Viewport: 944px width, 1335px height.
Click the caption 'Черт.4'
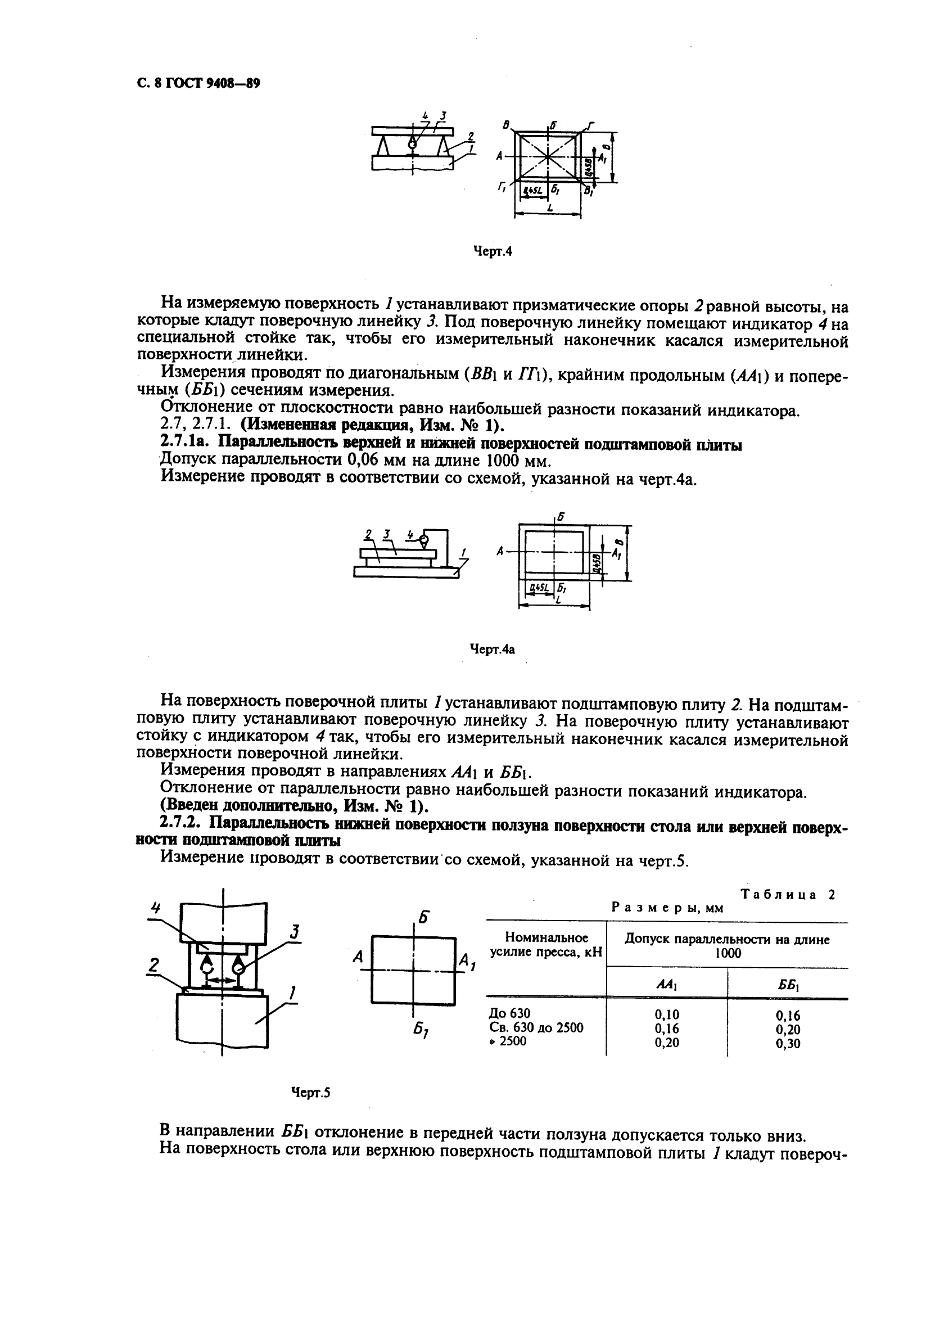[x=493, y=252]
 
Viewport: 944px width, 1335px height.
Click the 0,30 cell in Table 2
[x=788, y=1043]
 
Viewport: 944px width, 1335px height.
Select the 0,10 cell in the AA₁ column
[x=666, y=1014]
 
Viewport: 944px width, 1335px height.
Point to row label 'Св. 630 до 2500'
[x=536, y=1027]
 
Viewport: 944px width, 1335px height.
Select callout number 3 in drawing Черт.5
[x=295, y=932]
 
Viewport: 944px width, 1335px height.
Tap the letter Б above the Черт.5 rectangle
[x=424, y=918]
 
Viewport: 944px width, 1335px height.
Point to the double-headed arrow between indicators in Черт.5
[x=222, y=980]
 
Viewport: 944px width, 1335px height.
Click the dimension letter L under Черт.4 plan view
[x=548, y=208]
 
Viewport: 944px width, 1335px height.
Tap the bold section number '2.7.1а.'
[x=188, y=445]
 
